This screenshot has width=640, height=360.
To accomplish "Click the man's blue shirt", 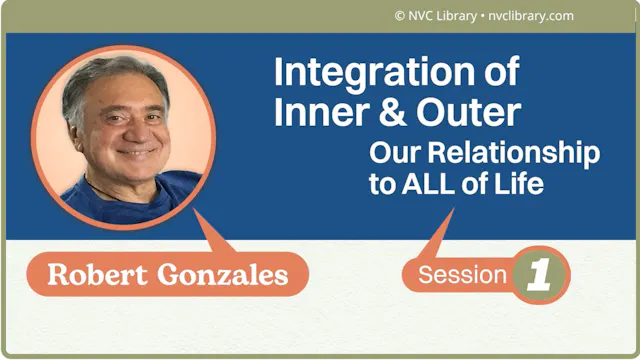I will point(150,200).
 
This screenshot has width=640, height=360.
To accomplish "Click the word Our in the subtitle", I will point(390,154).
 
